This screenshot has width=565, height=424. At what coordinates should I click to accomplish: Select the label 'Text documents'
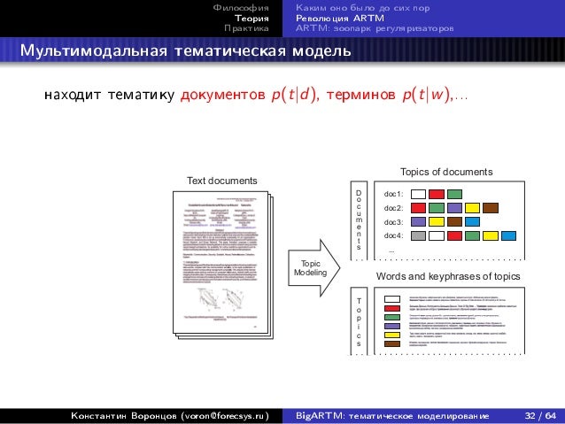(221, 181)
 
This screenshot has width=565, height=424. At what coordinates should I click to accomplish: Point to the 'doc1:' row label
(393, 194)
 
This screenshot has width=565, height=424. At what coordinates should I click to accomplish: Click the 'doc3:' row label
(393, 222)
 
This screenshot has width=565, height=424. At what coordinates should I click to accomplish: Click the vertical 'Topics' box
(359, 320)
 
